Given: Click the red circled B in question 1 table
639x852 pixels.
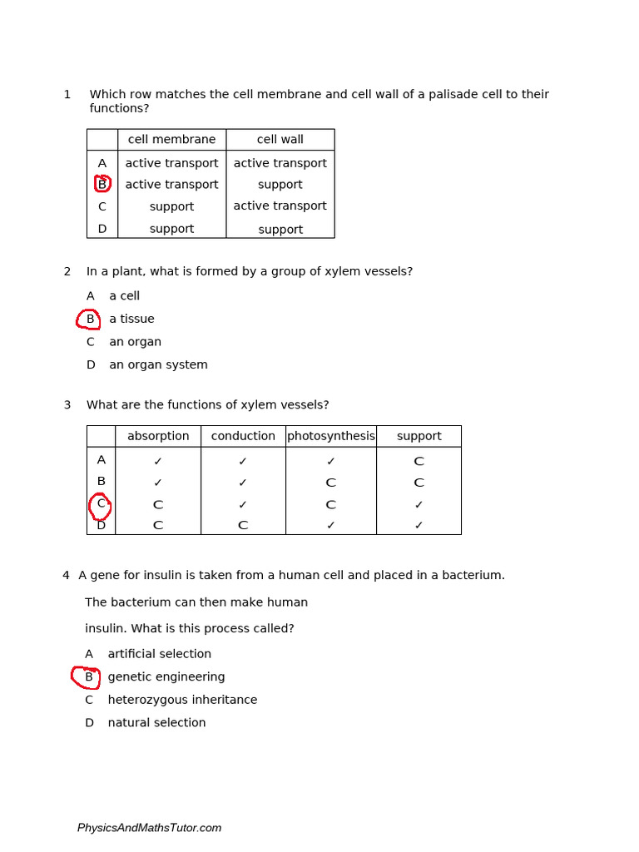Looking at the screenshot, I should tap(102, 184).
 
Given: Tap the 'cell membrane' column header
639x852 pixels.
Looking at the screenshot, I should tap(171, 140).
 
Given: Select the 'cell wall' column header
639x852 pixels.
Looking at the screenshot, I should tap(280, 140).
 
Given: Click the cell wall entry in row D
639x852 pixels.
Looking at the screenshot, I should tap(280, 230).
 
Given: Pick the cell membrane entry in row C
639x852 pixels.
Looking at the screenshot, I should tap(171, 206).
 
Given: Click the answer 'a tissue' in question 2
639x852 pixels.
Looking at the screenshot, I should tap(131, 319).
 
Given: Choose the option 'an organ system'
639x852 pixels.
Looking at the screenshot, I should tap(158, 365).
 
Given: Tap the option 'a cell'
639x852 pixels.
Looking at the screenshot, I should tap(124, 296).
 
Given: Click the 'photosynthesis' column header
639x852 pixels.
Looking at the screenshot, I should tap(331, 436).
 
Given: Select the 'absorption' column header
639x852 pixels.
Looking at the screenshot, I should tap(158, 436).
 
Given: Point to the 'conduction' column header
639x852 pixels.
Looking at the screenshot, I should tap(243, 436).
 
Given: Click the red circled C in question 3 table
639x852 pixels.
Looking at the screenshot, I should tap(101, 504).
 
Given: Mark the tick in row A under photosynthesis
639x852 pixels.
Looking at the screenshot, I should tap(331, 462).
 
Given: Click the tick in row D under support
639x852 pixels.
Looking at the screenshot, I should tap(419, 526).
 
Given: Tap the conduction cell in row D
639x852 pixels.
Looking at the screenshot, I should tap(243, 526).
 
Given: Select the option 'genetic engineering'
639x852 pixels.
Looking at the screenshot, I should tap(166, 677).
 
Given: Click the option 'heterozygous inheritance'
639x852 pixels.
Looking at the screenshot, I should tap(182, 701).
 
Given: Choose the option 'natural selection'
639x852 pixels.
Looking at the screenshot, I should tap(156, 723).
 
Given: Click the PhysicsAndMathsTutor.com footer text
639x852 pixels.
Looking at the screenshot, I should tap(149, 828).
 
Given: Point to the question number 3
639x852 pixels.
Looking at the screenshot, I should tap(67, 405).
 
